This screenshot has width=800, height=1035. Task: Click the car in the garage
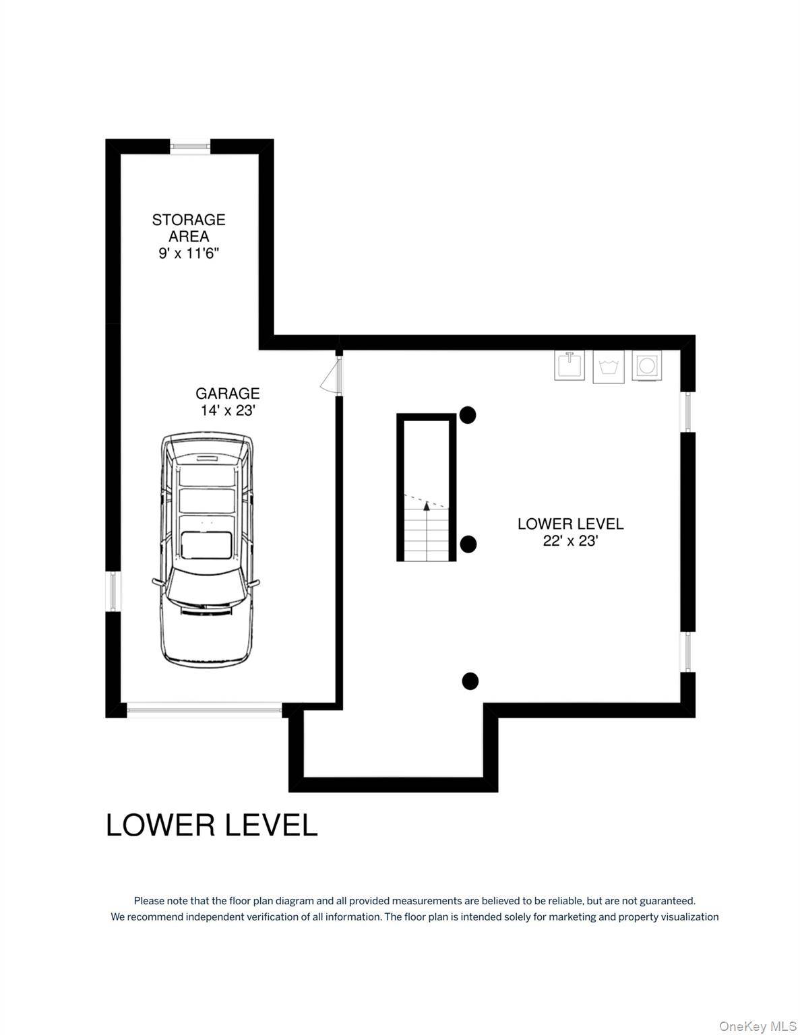pyautogui.click(x=206, y=549)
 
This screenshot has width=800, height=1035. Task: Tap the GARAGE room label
pyautogui.click(x=228, y=394)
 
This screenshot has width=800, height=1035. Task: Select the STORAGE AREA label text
pyautogui.click(x=189, y=228)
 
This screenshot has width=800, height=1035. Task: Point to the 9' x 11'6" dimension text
pyautogui.click(x=189, y=253)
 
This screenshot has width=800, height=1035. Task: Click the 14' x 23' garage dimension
pyautogui.click(x=228, y=410)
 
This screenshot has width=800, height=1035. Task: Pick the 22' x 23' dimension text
pyautogui.click(x=570, y=540)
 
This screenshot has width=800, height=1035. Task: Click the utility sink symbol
pyautogui.click(x=570, y=365)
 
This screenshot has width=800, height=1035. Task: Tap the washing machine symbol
pyautogui.click(x=608, y=367)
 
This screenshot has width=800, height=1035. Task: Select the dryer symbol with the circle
pyautogui.click(x=646, y=365)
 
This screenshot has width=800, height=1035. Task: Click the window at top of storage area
pyautogui.click(x=190, y=146)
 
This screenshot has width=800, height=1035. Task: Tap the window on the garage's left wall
pyautogui.click(x=113, y=591)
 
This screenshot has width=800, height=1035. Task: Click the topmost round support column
pyautogui.click(x=468, y=415)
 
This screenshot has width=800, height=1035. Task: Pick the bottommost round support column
pyautogui.click(x=470, y=681)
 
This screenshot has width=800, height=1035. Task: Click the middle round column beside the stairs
pyautogui.click(x=468, y=544)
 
